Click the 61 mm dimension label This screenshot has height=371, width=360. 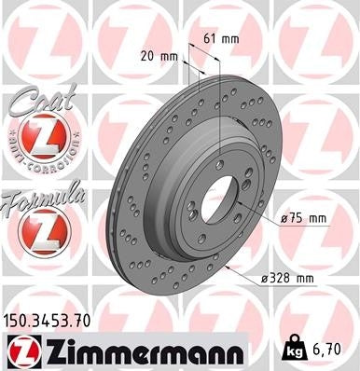click(220, 39)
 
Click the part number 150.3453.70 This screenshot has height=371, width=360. click(53, 321)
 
